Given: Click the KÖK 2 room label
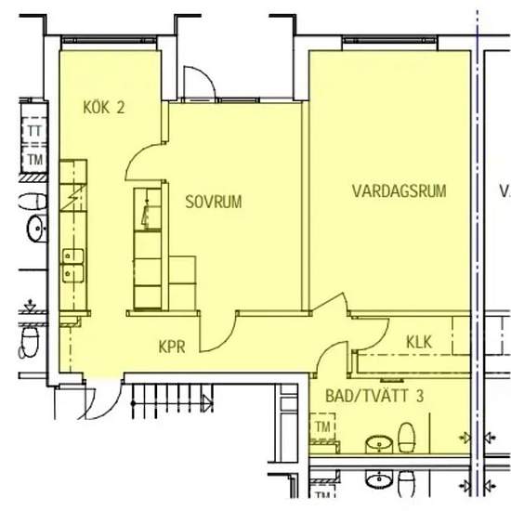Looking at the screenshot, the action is (104, 108).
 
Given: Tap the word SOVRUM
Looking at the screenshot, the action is (214, 202).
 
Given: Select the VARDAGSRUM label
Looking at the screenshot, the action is (400, 190).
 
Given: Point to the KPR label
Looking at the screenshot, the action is (172, 347).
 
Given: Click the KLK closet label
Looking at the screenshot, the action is (419, 342).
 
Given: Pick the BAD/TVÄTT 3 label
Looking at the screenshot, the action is (374, 396).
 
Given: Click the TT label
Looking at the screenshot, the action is (34, 131).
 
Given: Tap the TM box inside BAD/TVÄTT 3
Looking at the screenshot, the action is (322, 427).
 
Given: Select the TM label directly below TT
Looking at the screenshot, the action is (35, 160).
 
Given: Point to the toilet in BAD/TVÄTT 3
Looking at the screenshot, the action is (406, 438).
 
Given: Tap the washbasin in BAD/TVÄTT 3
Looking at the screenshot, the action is (379, 444).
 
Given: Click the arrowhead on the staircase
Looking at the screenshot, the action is (207, 403).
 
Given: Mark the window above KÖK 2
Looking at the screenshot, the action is (110, 40).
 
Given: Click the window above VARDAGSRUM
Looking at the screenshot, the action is (390, 40).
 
